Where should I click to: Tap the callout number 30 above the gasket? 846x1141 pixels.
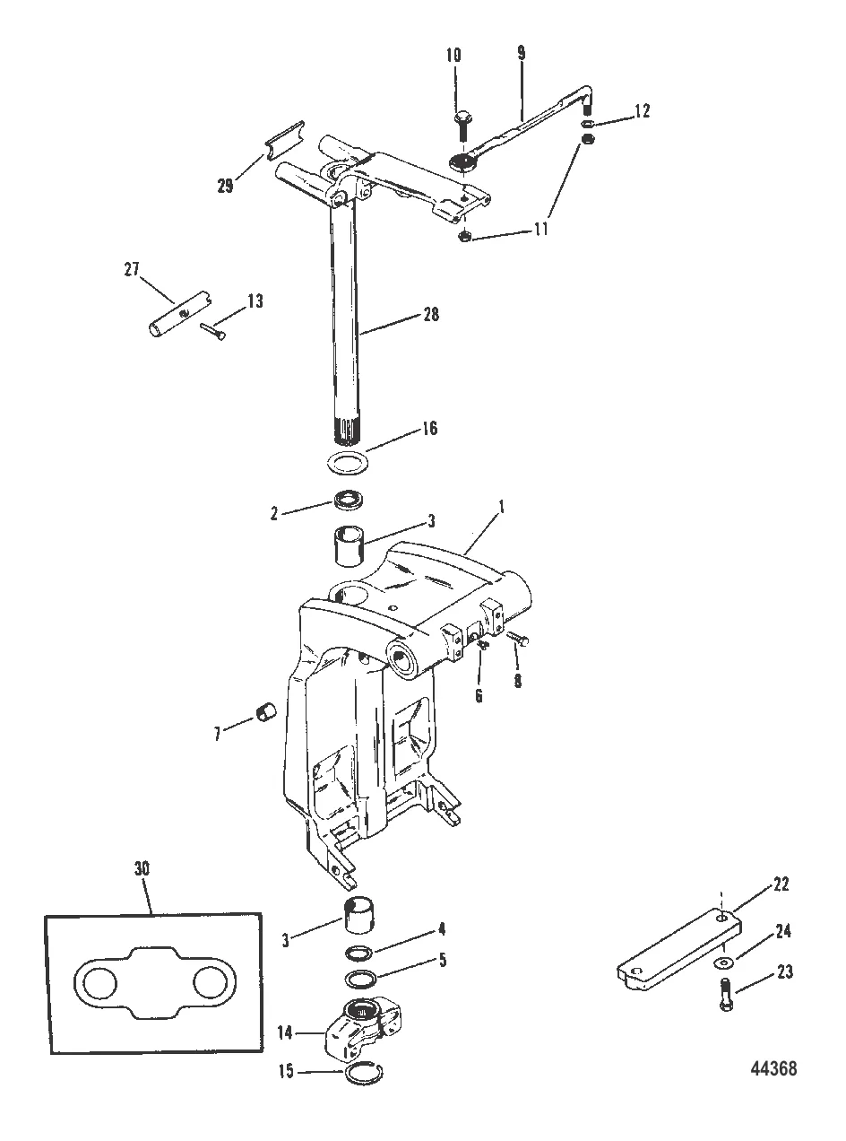142,868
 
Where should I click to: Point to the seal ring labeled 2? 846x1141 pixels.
349,500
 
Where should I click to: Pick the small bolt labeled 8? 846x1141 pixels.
518,639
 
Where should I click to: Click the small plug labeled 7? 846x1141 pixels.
265,712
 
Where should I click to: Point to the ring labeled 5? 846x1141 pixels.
359,979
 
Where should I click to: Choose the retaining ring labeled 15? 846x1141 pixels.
363,1073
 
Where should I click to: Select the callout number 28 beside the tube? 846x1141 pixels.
431,314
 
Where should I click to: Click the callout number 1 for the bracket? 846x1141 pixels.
502,509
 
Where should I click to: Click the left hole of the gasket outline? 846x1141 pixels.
99,985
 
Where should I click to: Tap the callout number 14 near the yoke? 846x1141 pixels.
286,1031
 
